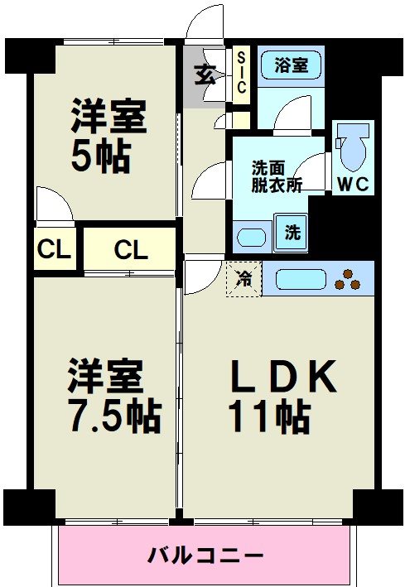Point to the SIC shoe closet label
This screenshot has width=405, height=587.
[x=241, y=74]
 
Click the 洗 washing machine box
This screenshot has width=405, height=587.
[x=292, y=233]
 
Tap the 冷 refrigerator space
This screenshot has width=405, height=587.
[x=243, y=279]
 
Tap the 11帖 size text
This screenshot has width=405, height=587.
[x=272, y=416]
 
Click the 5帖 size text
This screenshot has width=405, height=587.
[x=100, y=156]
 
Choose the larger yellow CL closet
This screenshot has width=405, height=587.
[x=130, y=248]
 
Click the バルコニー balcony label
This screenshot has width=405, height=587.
[x=205, y=555]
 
